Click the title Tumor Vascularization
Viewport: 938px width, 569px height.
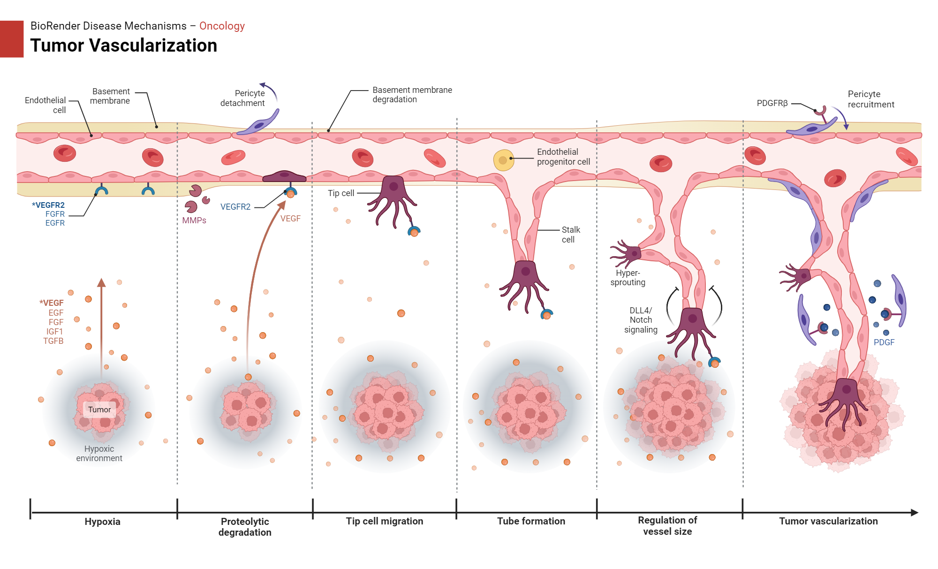tap(123, 46)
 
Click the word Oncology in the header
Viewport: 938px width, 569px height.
tap(222, 26)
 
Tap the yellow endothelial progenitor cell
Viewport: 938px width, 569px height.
tap(503, 160)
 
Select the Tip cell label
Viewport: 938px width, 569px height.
tap(341, 193)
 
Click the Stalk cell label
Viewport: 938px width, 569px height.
tap(570, 235)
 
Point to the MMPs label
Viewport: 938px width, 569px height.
tap(194, 220)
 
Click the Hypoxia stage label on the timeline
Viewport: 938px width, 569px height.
tap(102, 522)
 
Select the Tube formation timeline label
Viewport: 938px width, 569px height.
tap(531, 521)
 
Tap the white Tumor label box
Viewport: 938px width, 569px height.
tap(99, 410)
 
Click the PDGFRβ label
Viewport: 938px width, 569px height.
tap(772, 103)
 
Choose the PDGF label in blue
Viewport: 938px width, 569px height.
tap(884, 342)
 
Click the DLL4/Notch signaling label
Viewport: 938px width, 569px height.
tap(641, 320)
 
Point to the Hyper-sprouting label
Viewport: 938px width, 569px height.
tap(628, 278)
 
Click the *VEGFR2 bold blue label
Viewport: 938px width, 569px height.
tap(48, 205)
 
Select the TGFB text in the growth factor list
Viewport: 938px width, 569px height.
tap(53, 341)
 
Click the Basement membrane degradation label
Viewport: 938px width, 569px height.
tap(412, 95)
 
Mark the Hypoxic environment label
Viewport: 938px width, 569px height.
tap(99, 454)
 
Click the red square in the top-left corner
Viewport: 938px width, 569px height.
tap(11, 39)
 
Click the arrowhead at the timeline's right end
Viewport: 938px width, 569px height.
tap(914, 513)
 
